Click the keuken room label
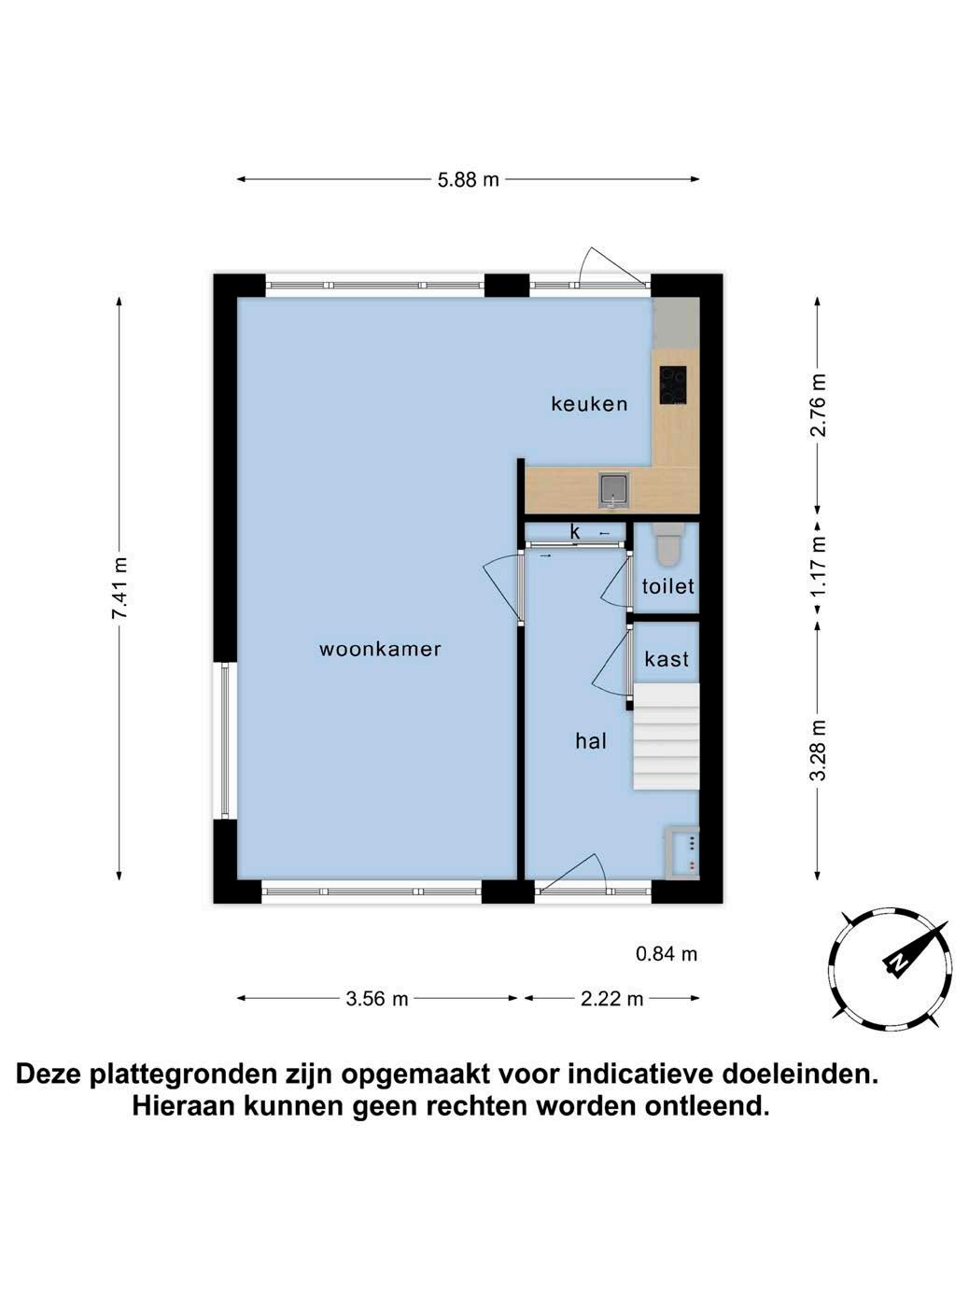[589, 404]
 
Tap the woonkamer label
[380, 649]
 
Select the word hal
[591, 741]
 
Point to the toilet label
[667, 586]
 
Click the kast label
[667, 659]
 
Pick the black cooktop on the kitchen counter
[673, 385]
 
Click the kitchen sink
[614, 491]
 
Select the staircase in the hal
[666, 736]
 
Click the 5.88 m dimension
[468, 179]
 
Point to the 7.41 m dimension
[119, 588]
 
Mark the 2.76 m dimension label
[819, 405]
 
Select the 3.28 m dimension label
[819, 750]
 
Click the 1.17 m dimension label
[819, 566]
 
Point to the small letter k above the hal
[575, 531]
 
